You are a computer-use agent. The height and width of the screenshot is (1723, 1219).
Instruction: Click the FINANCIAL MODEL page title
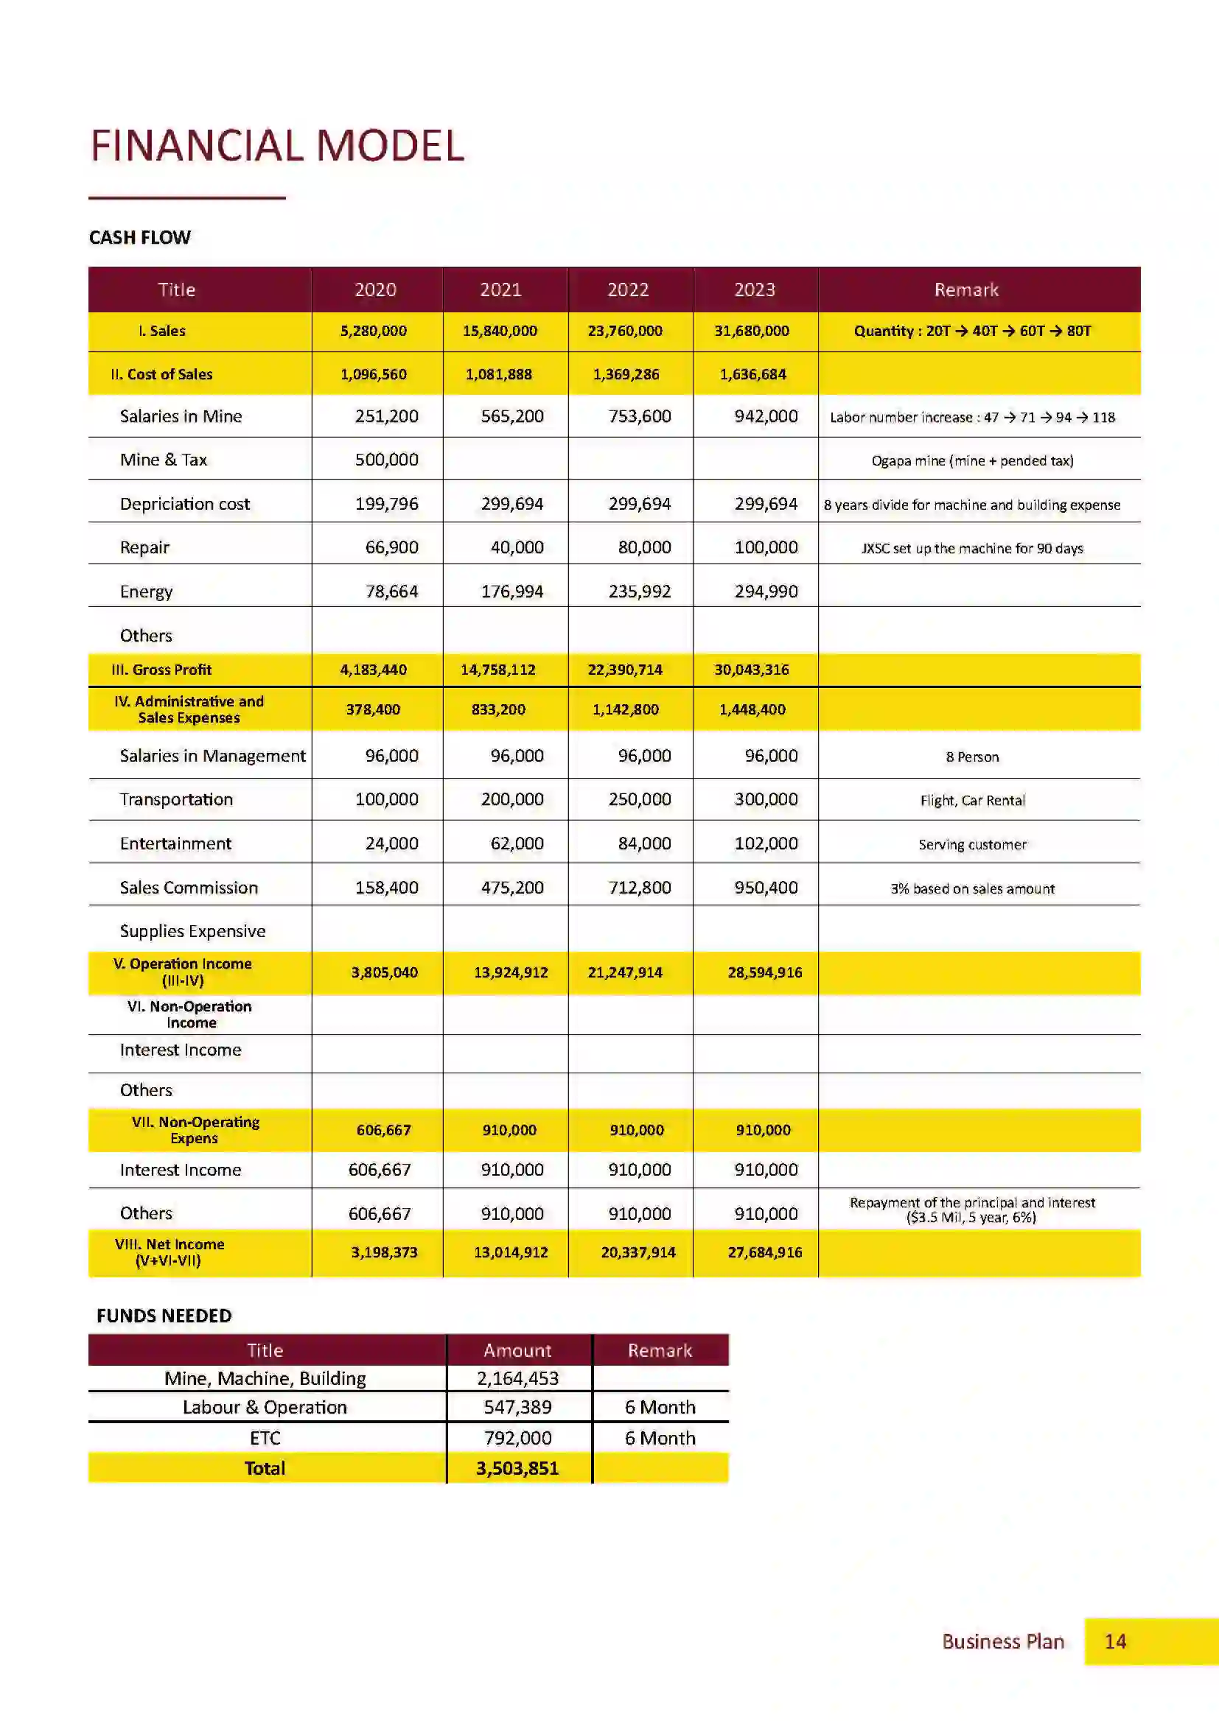277,146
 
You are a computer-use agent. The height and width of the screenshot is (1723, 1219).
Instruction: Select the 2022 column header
627,289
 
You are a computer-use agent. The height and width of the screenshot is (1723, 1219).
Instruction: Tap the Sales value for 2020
373,331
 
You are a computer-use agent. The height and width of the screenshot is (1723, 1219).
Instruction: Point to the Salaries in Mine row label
181,416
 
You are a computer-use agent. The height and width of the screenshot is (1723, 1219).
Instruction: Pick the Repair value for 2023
766,547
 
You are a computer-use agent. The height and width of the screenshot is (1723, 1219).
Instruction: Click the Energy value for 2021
512,592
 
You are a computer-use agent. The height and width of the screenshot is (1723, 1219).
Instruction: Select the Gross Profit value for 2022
624,670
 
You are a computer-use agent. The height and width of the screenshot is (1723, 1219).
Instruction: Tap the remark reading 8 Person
972,757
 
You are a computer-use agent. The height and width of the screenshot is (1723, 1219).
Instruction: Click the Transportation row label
176,799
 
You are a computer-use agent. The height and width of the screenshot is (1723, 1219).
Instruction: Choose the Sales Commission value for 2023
766,887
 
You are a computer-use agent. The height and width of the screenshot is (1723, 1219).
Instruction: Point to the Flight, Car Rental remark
972,800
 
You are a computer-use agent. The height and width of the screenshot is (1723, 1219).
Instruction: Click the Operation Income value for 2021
511,972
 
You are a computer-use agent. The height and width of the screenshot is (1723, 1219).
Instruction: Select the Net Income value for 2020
383,1252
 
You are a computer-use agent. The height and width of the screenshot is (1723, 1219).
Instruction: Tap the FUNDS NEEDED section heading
164,1316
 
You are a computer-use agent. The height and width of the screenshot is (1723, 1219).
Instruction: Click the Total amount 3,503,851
517,1468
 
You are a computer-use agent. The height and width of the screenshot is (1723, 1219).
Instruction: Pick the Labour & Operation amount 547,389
517,1407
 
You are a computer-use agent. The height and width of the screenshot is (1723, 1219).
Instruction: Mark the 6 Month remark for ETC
660,1438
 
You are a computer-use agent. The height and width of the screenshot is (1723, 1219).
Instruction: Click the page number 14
1114,1641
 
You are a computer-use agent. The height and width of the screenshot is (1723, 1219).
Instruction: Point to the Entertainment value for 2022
644,843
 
